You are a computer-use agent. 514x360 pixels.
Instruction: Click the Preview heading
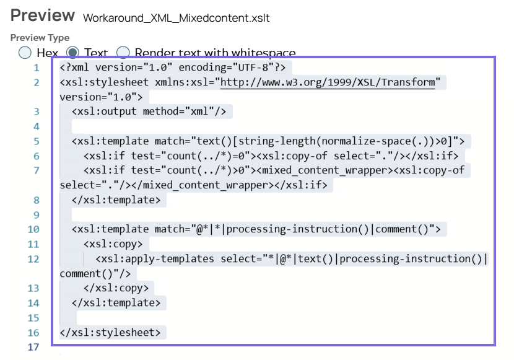43,15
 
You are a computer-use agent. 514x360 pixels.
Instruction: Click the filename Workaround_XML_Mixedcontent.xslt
176,18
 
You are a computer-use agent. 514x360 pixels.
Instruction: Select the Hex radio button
25,53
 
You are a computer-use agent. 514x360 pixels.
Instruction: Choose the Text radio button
72,53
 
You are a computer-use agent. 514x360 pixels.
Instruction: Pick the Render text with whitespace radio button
123,53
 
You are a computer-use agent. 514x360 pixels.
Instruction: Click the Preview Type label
40,38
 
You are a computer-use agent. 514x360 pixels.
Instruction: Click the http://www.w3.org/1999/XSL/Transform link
328,82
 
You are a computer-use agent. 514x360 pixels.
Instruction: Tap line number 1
37,68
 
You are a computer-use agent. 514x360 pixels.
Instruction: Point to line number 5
37,141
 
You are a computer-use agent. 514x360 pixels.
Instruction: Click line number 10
34,229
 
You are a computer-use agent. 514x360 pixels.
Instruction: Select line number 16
34,333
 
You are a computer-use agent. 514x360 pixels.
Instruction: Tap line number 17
34,347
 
